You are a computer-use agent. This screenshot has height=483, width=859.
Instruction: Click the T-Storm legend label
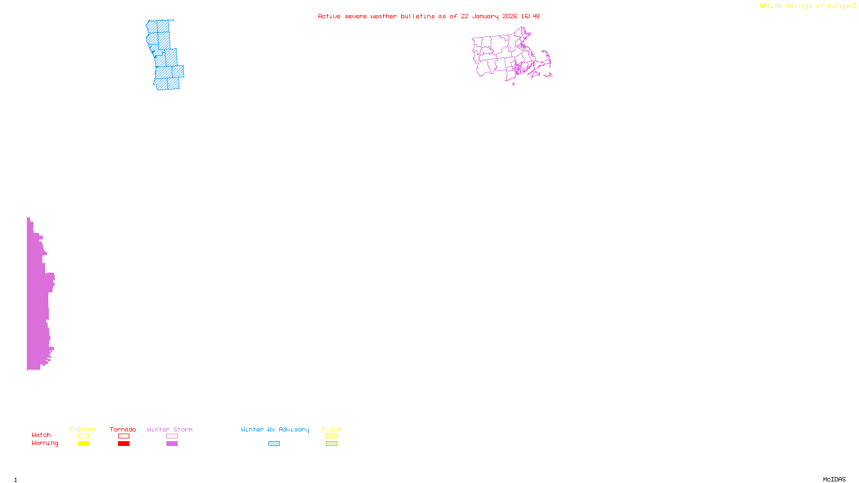pos(83,429)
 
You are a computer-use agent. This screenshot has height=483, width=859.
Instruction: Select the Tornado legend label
pos(123,429)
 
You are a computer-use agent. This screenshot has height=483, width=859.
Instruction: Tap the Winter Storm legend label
pos(170,429)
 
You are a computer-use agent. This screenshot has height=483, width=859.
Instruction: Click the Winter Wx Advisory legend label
pos(275,429)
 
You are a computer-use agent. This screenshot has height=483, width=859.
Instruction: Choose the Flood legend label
pos(331,429)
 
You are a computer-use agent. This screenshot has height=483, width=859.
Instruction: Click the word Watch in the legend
pos(41,435)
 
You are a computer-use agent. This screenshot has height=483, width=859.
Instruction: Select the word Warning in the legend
pos(45,443)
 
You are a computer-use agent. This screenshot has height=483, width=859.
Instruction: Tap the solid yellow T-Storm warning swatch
pos(83,444)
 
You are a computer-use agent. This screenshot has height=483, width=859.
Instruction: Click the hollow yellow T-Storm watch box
pos(83,436)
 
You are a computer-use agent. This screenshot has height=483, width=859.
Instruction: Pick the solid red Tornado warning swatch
pos(123,444)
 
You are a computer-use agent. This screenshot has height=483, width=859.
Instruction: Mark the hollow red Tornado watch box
pos(123,436)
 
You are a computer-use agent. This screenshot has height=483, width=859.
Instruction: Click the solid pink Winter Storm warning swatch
pos(172,444)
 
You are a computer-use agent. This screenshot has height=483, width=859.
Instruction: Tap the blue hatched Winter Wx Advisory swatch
pos(274,444)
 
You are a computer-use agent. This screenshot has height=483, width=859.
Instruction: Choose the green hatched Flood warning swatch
pos(331,444)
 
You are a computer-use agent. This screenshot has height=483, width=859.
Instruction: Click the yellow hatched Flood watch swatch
pos(331,436)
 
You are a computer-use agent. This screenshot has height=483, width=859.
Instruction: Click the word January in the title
pos(485,16)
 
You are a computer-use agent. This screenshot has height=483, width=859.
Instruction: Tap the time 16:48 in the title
pos(530,16)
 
